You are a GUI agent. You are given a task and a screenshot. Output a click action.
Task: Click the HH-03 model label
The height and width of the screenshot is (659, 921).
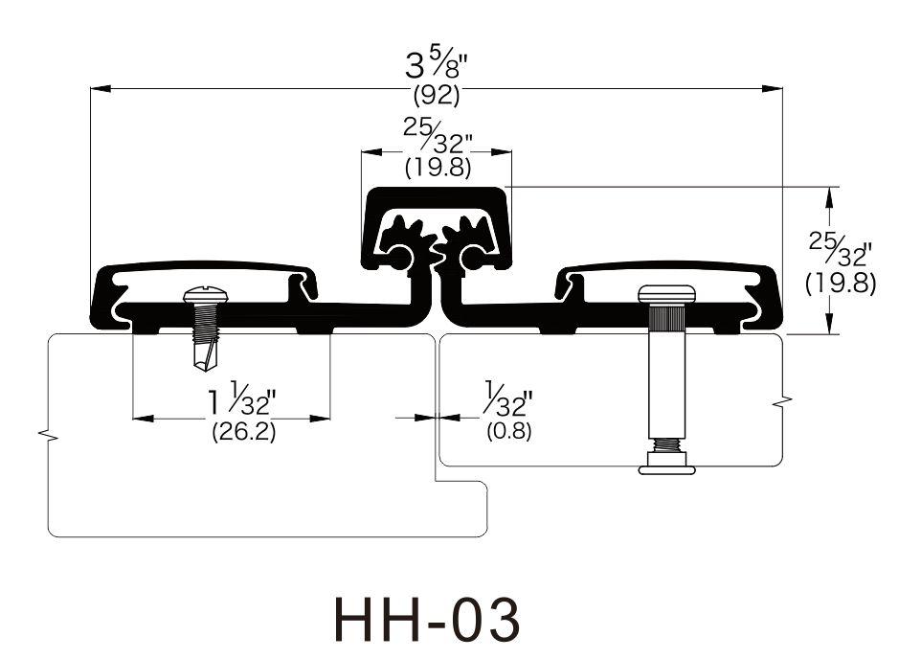(x=427, y=620)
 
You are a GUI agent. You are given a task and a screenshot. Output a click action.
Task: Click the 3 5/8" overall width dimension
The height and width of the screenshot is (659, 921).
(x=436, y=65)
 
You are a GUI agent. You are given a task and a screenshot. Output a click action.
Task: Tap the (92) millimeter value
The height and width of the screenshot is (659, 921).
(x=437, y=95)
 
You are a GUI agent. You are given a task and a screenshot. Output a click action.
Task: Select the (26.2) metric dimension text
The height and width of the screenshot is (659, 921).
(x=243, y=432)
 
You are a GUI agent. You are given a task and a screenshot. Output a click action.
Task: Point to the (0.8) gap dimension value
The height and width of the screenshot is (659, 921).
(x=508, y=431)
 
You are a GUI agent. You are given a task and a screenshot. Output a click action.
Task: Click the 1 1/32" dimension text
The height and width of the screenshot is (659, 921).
(x=241, y=399)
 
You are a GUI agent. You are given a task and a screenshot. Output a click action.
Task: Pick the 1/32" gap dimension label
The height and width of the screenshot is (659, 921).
(x=508, y=399)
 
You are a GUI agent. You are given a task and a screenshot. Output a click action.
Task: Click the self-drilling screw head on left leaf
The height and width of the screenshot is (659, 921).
(x=201, y=295)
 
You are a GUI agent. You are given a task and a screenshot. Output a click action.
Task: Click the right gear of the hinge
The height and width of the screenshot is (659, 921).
(x=465, y=243)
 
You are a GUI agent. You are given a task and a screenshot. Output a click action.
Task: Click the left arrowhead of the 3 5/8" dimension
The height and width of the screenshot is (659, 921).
(x=101, y=89)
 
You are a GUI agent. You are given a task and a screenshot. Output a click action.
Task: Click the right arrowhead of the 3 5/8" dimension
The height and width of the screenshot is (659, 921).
(x=772, y=89)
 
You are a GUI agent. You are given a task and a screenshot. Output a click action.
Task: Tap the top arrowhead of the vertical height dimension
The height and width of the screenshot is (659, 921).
(x=829, y=197)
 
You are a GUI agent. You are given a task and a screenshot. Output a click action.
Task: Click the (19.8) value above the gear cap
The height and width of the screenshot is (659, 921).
(x=438, y=169)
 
